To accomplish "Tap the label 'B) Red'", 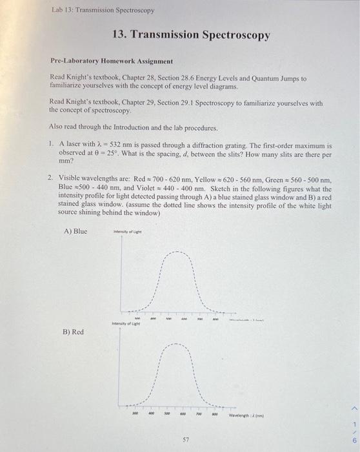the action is click(x=74, y=331).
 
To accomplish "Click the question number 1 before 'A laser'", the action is click(x=51, y=145).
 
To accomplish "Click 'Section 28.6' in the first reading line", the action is click(x=157, y=77).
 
